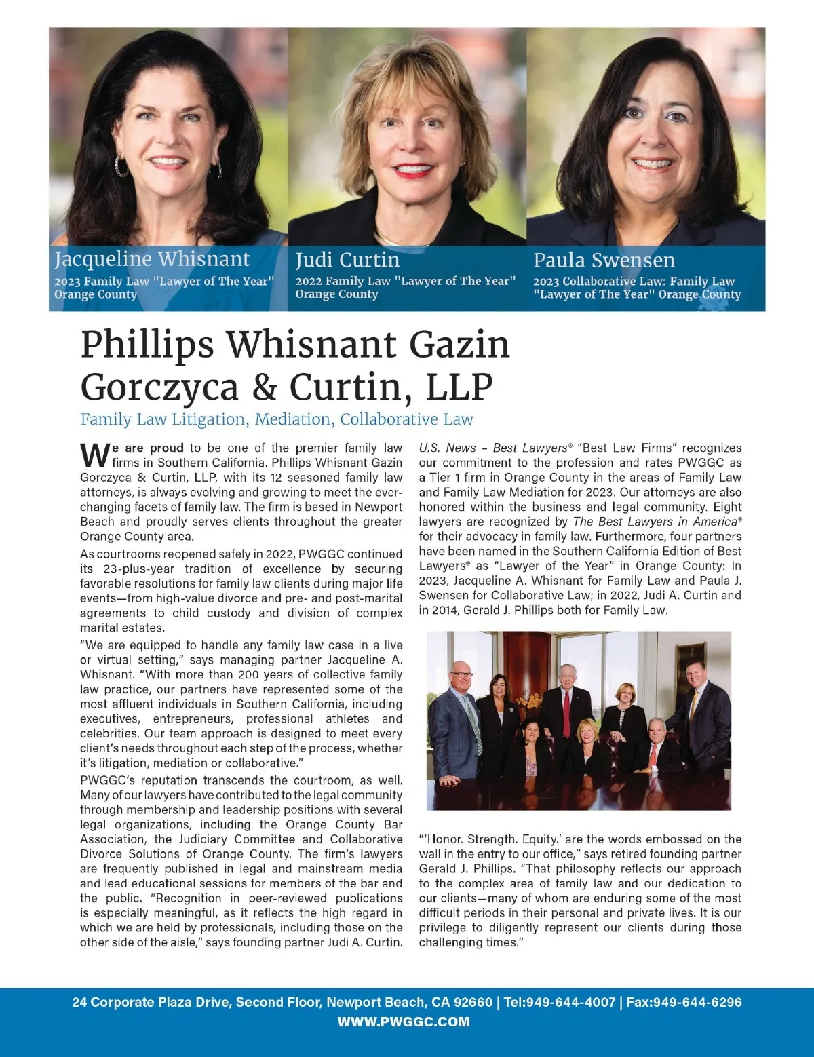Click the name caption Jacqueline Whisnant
pos(152,259)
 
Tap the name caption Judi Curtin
pos(347,260)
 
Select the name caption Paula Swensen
pos(604,260)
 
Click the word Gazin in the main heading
pos(459,344)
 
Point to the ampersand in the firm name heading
pos(264,387)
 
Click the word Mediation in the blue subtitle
pos(294,419)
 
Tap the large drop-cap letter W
pos(95,454)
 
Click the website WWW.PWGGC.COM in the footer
pos(404,1022)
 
